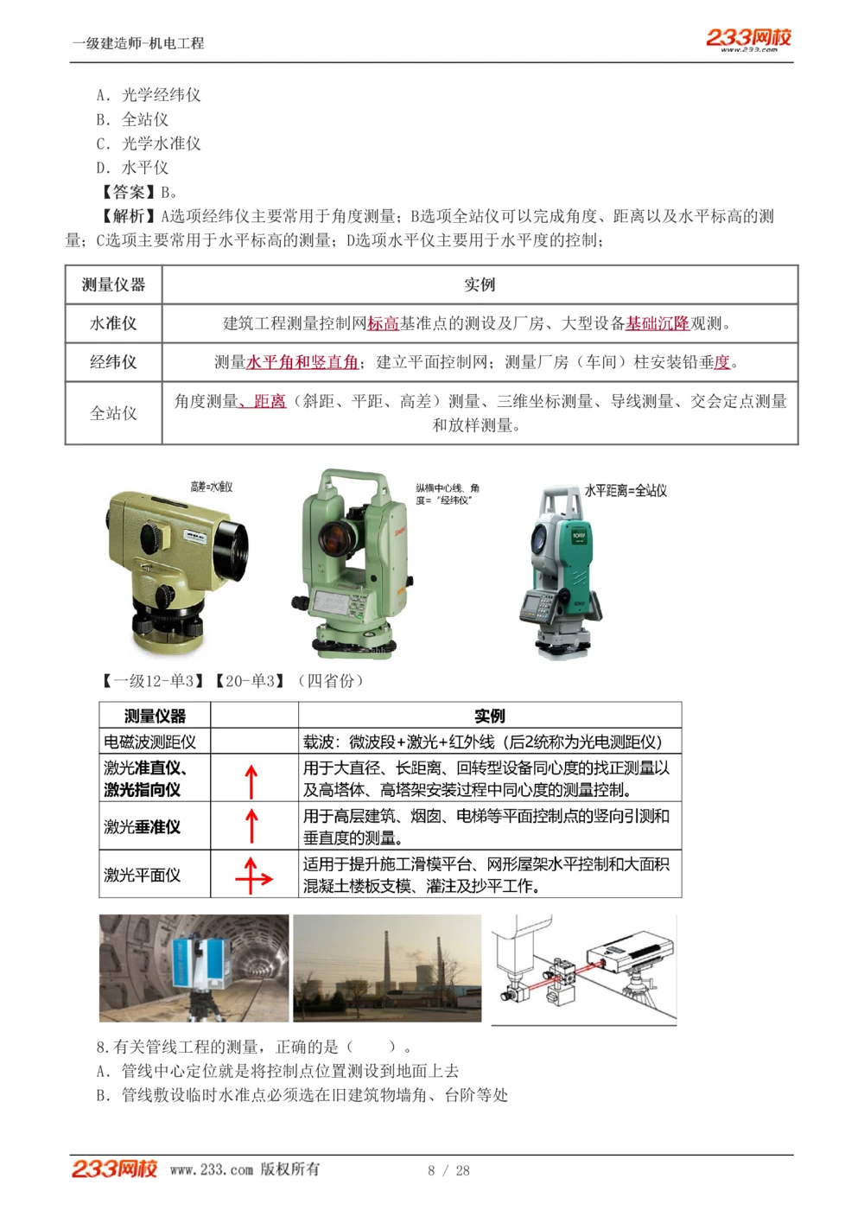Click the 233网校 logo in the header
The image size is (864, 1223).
pyautogui.click(x=748, y=39)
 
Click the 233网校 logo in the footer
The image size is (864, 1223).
pyautogui.click(x=114, y=1169)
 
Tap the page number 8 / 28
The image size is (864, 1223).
pyautogui.click(x=448, y=1170)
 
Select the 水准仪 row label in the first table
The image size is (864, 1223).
pyautogui.click(x=113, y=323)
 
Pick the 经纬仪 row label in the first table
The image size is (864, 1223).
pyautogui.click(x=113, y=362)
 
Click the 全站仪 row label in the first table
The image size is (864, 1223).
pyautogui.click(x=113, y=413)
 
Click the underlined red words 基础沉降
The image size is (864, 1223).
pyautogui.click(x=658, y=323)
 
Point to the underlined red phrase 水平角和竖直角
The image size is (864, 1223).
pyautogui.click(x=302, y=362)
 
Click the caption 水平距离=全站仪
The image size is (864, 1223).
pyautogui.click(x=626, y=491)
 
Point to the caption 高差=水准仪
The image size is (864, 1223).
pyautogui.click(x=212, y=487)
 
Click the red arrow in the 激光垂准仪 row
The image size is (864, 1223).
pyautogui.click(x=251, y=825)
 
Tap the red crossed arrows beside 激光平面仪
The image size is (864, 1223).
pyautogui.click(x=253, y=876)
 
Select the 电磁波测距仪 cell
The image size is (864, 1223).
pyautogui.click(x=150, y=742)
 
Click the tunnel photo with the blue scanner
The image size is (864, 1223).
pyautogui.click(x=194, y=968)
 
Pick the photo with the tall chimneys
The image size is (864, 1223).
pyautogui.click(x=387, y=968)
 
